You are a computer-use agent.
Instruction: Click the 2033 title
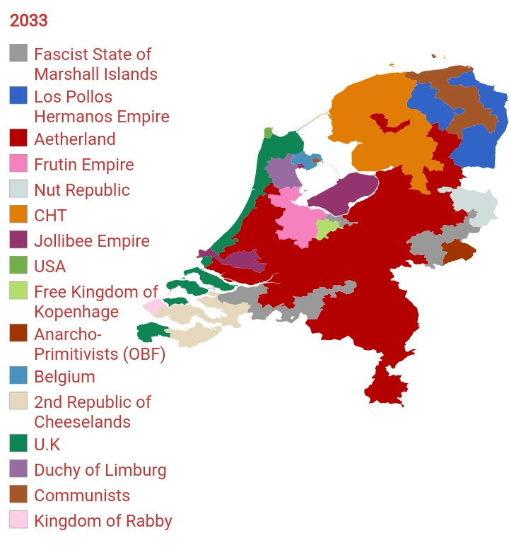tap(29, 21)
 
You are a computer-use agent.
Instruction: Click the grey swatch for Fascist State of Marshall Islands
tap(19, 54)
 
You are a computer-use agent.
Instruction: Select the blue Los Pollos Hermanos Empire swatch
tap(19, 96)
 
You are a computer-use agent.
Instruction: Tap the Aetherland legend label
tap(74, 139)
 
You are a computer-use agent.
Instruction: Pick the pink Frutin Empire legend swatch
tap(19, 164)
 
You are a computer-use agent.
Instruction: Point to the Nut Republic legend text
tap(81, 190)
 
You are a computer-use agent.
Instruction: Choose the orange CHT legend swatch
tap(19, 215)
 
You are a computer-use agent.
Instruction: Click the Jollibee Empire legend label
tap(91, 241)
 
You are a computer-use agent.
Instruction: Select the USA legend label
tap(49, 267)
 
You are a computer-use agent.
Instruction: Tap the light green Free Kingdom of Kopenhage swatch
tap(19, 291)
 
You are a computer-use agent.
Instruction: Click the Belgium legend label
tap(64, 377)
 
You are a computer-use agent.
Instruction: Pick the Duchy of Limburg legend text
tap(100, 470)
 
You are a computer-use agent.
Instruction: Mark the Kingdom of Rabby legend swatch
tap(19, 520)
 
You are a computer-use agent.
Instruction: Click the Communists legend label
tap(82, 496)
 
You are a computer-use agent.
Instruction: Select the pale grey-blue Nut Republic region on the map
tap(472, 206)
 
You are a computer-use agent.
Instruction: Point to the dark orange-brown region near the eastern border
tap(455, 251)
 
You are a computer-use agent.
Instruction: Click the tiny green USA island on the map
tap(268, 132)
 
